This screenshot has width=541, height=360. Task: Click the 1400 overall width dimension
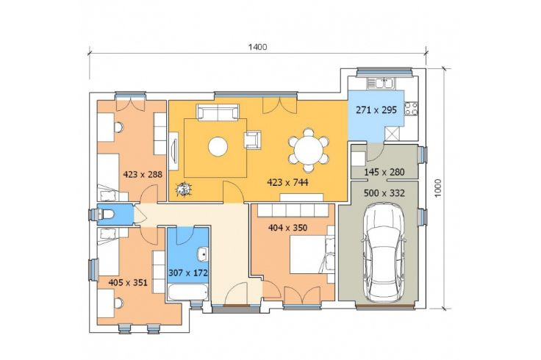[258, 47]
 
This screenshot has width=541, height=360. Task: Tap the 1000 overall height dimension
[438, 188]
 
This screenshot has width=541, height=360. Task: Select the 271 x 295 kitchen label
[376, 110]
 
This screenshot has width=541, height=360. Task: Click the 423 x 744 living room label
[287, 182]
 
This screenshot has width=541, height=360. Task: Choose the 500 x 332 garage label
[384, 193]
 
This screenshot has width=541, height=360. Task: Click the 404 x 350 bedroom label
[287, 228]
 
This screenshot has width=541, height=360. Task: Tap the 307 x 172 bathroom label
[188, 273]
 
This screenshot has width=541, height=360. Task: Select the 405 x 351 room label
[128, 283]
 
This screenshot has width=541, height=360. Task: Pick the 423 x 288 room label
[143, 174]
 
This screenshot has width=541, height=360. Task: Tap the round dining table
[309, 150]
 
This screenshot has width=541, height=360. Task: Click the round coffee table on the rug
[218, 146]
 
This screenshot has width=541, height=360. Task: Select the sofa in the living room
[218, 112]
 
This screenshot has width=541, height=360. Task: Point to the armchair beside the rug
[253, 140]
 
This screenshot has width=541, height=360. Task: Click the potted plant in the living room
[183, 190]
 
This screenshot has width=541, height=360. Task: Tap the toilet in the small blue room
[107, 215]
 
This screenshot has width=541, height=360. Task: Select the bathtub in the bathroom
[188, 292]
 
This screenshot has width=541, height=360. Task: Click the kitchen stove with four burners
[412, 108]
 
